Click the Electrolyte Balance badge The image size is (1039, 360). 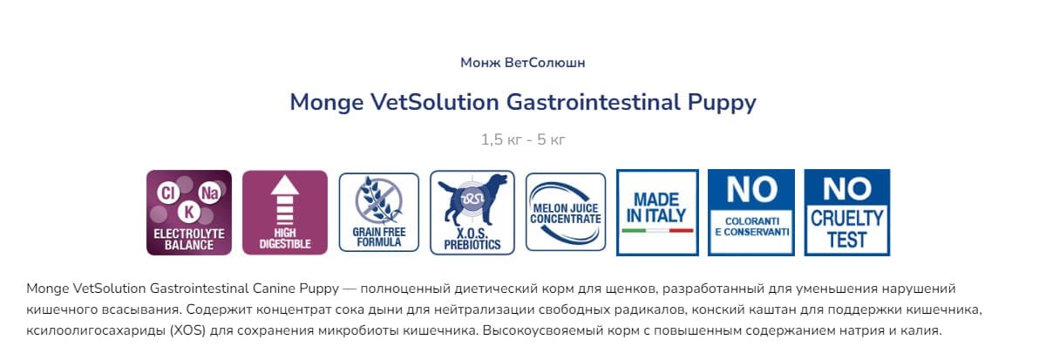pyautogui.click(x=188, y=213)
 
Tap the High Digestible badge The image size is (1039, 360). pyautogui.click(x=284, y=213)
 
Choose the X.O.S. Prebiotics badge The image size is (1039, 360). pyautogui.click(x=471, y=213)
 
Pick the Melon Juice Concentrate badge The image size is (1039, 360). pyautogui.click(x=565, y=213)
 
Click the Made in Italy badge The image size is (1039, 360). pyautogui.click(x=657, y=213)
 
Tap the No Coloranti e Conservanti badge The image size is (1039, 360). pyautogui.click(x=751, y=213)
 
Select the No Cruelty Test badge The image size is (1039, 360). pyautogui.click(x=846, y=213)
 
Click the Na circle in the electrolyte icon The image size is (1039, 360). pyautogui.click(x=209, y=191)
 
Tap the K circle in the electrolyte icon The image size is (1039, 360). pyautogui.click(x=188, y=212)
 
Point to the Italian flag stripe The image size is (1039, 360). pyautogui.click(x=657, y=230)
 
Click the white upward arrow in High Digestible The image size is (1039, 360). pyautogui.click(x=284, y=202)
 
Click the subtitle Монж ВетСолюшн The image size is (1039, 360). pyautogui.click(x=522, y=63)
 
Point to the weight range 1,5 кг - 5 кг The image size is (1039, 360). pyautogui.click(x=522, y=139)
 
